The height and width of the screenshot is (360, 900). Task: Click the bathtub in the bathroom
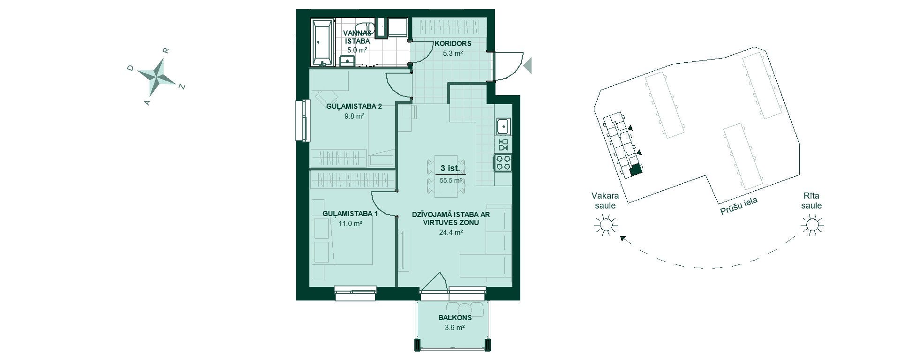323,43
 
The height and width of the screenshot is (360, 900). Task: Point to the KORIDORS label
453,44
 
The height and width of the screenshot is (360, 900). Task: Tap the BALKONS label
455,318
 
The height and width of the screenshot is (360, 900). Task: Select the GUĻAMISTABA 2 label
354,106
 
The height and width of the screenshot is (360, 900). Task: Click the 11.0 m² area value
350,224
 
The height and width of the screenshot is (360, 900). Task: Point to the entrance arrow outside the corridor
528,65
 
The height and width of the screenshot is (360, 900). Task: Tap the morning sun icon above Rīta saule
811,225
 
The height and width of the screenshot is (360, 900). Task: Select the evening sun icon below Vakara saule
604,225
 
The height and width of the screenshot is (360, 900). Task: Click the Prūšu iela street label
739,205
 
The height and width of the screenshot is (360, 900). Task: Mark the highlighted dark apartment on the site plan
635,171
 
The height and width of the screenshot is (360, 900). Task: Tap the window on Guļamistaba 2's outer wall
302,120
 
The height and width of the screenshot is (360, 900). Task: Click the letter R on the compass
165,50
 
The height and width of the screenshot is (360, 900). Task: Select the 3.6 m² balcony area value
455,328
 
